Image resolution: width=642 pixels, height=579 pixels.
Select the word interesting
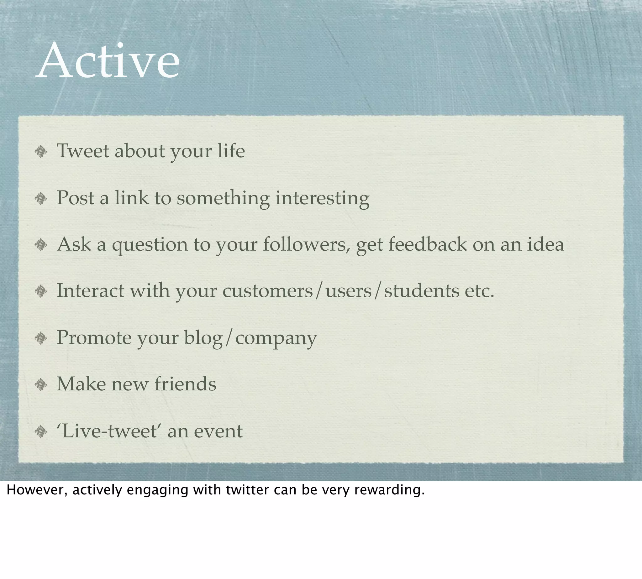pyautogui.click(x=322, y=198)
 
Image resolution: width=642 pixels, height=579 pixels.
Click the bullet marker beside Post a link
pyautogui.click(x=41, y=199)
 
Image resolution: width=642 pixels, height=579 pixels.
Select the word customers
pyautogui.click(x=268, y=291)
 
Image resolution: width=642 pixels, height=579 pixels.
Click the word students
pyautogui.click(x=421, y=291)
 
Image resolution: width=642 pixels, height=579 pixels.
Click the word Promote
pyautogui.click(x=94, y=337)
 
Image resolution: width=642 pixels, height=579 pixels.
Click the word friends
pyautogui.click(x=185, y=384)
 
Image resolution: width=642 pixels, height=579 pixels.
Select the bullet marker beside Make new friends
pyautogui.click(x=41, y=385)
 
